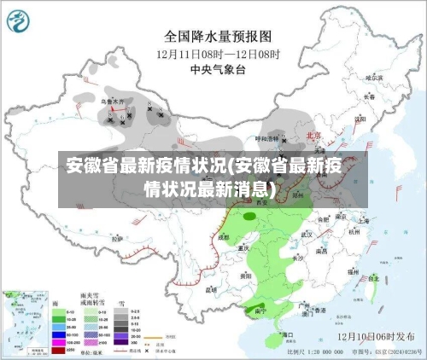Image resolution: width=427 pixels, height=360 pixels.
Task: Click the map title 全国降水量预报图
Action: (x=218, y=37)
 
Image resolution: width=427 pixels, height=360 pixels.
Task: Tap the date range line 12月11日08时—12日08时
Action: (x=218, y=54)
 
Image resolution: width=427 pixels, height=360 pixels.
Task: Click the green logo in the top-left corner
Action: (x=22, y=20)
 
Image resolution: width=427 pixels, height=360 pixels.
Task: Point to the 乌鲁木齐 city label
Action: (x=113, y=101)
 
